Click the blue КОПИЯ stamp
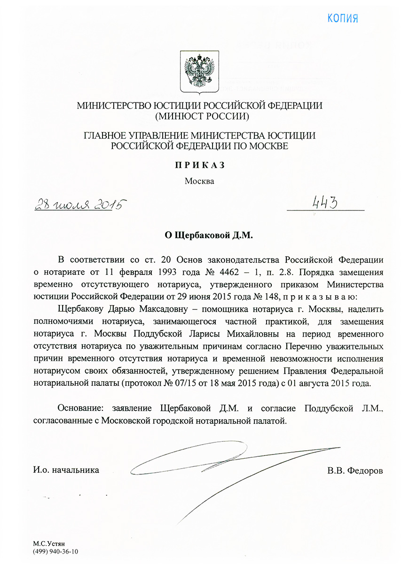[343, 18]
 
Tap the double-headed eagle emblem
[199, 72]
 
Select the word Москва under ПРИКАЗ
[199, 181]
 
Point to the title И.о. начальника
[66, 470]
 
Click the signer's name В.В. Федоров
[355, 470]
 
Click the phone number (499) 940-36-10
[56, 552]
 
